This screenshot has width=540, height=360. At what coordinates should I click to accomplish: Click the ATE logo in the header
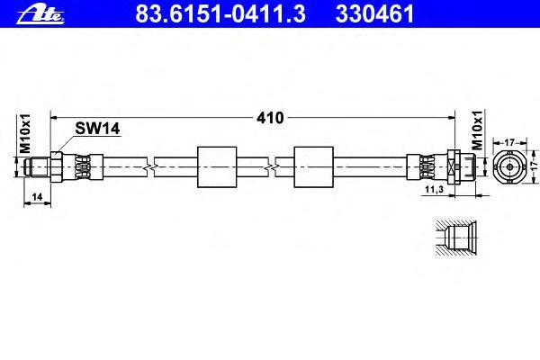tap(40, 14)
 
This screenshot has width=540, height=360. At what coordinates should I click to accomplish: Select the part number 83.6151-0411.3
tap(220, 13)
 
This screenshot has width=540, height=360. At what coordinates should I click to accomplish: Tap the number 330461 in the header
tap(374, 13)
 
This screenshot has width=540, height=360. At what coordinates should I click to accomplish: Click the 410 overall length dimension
tap(270, 118)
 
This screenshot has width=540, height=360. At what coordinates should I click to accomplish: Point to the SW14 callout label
tap(97, 129)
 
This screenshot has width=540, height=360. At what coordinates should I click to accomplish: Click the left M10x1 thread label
tap(25, 134)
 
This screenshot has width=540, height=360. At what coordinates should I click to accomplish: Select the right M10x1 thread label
tap(477, 130)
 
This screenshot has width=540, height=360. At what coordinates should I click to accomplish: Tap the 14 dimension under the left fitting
tap(37, 197)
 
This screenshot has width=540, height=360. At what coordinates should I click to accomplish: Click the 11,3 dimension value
tap(435, 189)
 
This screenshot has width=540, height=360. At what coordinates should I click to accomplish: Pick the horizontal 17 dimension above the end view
tap(509, 142)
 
